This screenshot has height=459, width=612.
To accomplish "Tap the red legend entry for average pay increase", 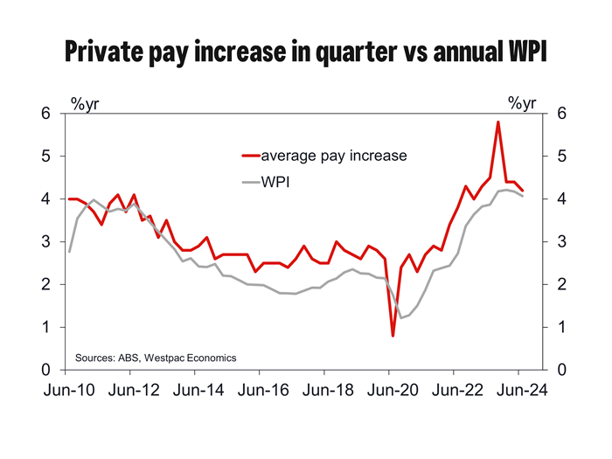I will click(323, 156).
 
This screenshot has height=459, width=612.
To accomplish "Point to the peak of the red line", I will click(497, 122).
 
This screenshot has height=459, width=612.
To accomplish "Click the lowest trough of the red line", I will click(393, 336).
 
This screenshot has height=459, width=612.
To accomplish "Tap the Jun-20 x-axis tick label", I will click(390, 392).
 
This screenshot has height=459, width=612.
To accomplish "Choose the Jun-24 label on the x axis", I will click(518, 392).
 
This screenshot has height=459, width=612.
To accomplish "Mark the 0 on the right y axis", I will click(560, 370).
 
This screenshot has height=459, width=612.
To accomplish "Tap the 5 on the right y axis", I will click(560, 156).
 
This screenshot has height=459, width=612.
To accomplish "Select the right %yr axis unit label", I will click(522, 104).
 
